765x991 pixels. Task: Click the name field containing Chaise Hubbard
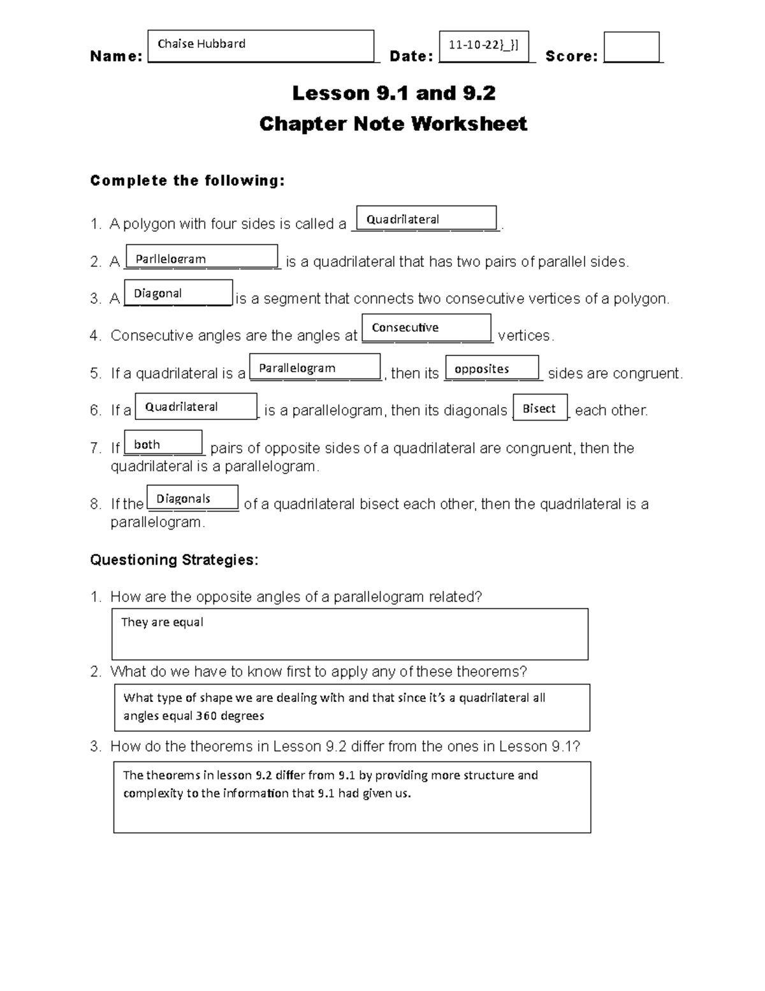(260, 45)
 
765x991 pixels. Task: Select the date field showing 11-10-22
(484, 45)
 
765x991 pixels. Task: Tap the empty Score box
(631, 47)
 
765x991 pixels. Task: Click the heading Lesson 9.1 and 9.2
(393, 93)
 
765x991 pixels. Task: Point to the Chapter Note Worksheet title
(393, 123)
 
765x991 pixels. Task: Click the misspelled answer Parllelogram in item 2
(202, 257)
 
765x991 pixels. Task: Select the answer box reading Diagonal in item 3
(178, 293)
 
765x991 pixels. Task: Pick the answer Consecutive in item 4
(426, 327)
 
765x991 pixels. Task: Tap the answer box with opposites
(492, 368)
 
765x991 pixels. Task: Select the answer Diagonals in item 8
(193, 498)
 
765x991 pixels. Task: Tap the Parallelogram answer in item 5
(315, 368)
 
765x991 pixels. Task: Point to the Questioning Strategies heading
(174, 560)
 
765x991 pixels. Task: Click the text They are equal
(163, 622)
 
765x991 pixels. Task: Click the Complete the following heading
(187, 181)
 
